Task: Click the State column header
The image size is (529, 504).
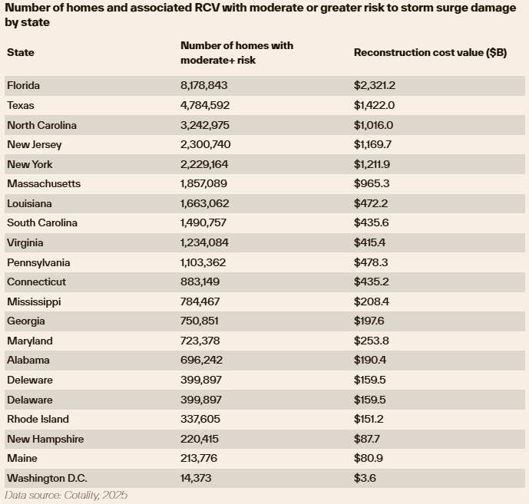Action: (x=21, y=52)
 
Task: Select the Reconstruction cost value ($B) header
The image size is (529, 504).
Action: (x=430, y=52)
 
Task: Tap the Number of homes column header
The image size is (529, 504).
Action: (x=236, y=52)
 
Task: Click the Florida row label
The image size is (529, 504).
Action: (x=23, y=85)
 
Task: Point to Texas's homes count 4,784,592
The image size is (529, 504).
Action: (x=205, y=105)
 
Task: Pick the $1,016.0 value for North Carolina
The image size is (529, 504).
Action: (x=373, y=125)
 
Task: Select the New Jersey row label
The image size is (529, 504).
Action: (x=35, y=144)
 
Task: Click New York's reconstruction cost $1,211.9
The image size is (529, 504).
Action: (x=373, y=164)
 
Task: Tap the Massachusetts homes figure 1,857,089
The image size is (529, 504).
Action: (x=205, y=183)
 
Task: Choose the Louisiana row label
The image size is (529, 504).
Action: (x=29, y=203)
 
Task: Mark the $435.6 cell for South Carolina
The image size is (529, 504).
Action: (x=370, y=222)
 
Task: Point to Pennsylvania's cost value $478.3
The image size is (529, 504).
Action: (x=370, y=262)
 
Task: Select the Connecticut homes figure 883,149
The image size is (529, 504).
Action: (x=201, y=282)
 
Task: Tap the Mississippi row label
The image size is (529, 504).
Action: (x=34, y=301)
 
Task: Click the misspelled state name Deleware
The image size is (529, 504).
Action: (x=30, y=380)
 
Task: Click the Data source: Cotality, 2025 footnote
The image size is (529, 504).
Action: (x=66, y=496)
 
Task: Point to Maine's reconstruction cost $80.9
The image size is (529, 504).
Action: (x=367, y=458)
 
